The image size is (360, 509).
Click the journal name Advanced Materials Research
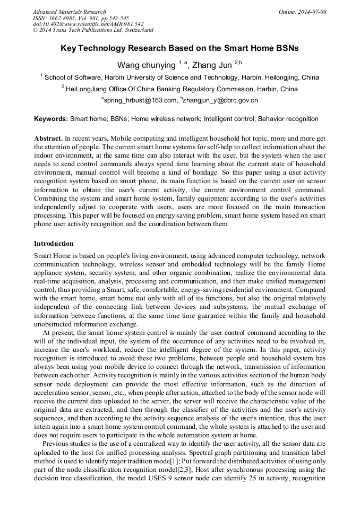(70, 12)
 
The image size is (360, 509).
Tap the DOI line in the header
(88, 24)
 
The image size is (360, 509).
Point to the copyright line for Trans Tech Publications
(93, 30)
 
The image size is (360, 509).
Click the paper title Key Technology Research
(179, 48)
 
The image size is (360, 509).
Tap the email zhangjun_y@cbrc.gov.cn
(220, 100)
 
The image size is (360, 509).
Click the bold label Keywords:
(51, 119)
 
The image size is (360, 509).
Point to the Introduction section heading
(54, 244)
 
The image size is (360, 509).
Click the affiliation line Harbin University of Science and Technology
(181, 77)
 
